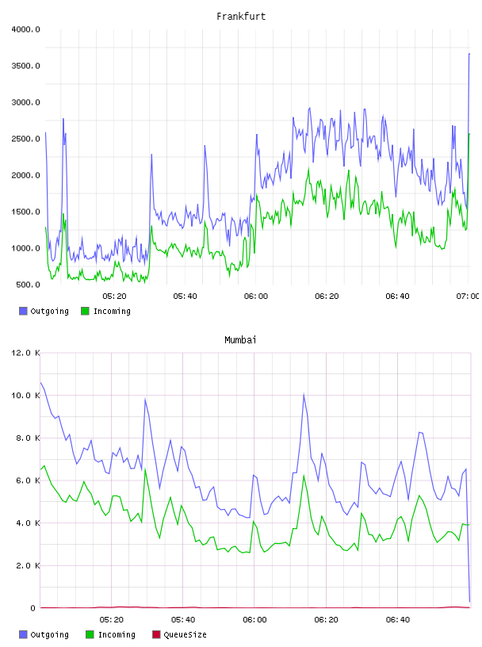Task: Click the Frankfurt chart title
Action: (x=241, y=17)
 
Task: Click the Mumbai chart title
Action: (x=240, y=340)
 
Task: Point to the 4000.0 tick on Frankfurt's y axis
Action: (x=25, y=29)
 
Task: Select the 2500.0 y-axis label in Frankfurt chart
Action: (x=25, y=139)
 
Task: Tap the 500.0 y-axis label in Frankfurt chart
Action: (x=28, y=285)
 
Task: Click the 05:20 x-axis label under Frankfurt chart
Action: (x=114, y=297)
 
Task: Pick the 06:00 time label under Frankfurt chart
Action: (x=256, y=297)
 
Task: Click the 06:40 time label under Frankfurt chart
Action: (x=397, y=297)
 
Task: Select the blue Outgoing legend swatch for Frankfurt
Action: (x=23, y=311)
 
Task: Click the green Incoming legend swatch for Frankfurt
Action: (x=85, y=311)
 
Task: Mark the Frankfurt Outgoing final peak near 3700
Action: (x=469, y=53)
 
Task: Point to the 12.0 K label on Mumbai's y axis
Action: (x=25, y=353)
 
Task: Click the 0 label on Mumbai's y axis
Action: (x=33, y=608)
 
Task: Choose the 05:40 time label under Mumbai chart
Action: (x=183, y=620)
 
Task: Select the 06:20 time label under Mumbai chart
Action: (x=326, y=620)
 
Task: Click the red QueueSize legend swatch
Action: (x=156, y=634)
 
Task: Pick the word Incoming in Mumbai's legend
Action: (x=117, y=635)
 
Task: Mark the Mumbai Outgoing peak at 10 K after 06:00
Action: (x=304, y=395)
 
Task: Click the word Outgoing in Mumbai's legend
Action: (x=49, y=635)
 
